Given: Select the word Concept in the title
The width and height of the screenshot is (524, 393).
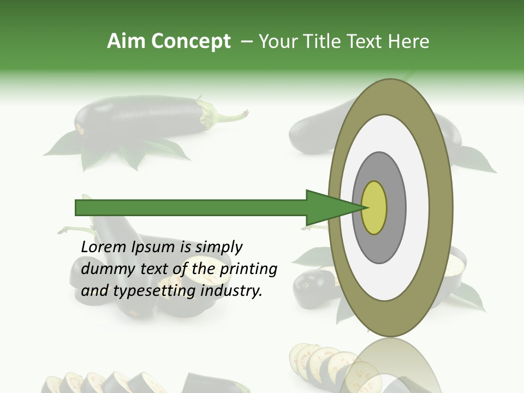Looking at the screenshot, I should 191,41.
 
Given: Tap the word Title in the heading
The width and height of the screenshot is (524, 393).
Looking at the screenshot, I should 325,41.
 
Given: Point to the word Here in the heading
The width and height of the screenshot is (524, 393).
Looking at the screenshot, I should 409,41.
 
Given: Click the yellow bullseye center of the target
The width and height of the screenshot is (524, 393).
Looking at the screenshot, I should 374,208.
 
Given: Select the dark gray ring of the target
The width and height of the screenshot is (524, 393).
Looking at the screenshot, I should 396,208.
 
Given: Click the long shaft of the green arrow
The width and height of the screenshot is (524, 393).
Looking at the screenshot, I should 191,208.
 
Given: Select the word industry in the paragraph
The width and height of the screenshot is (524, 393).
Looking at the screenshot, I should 231,291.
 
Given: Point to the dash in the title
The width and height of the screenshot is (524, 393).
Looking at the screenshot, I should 246,41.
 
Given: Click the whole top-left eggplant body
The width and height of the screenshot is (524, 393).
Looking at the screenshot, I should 139,116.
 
